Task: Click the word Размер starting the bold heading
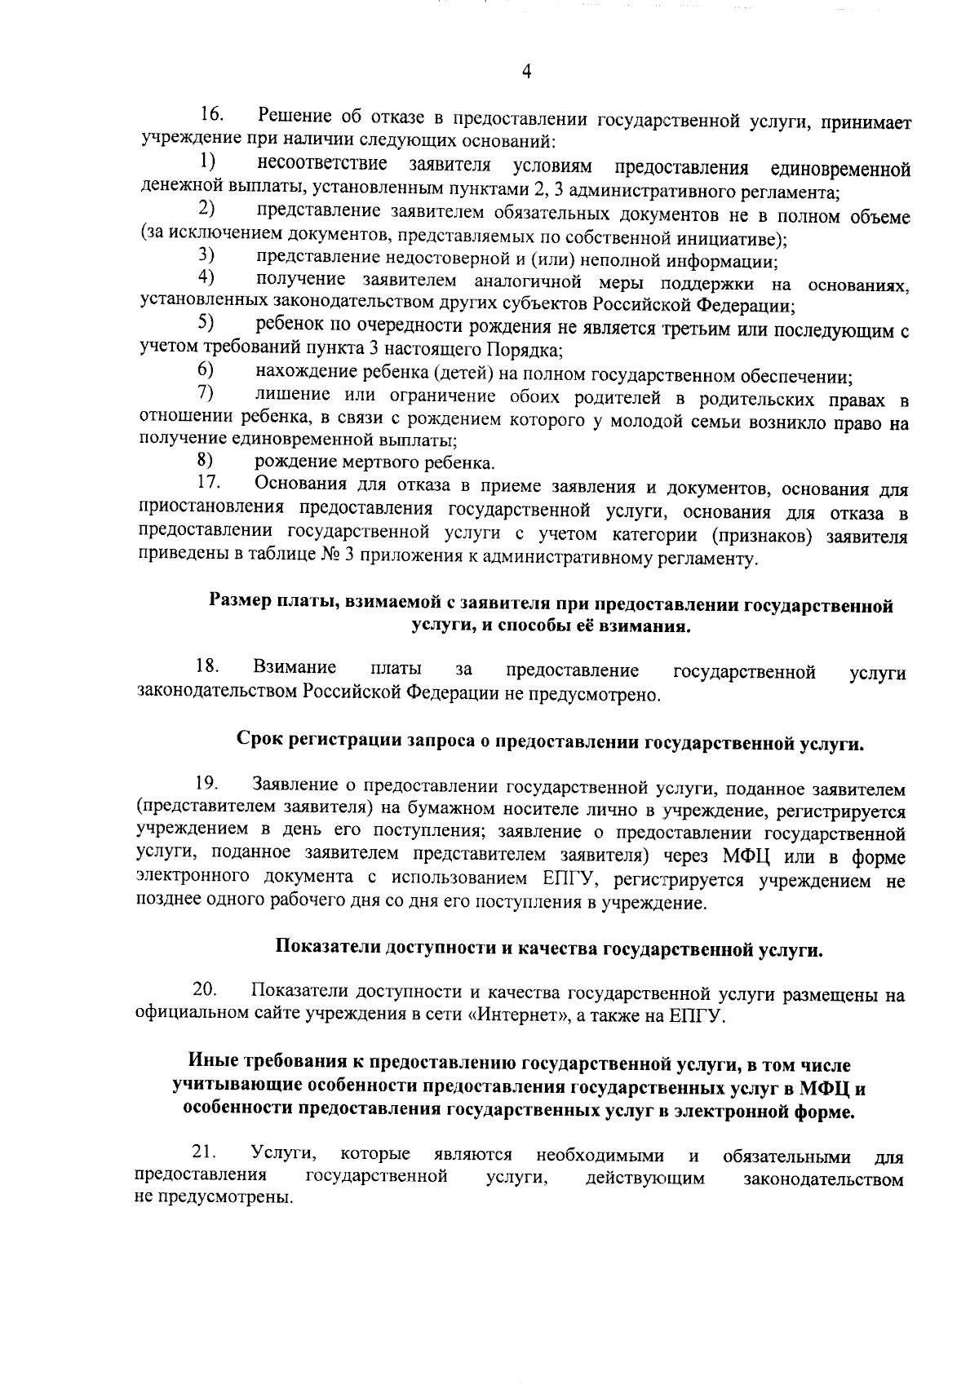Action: (x=238, y=606)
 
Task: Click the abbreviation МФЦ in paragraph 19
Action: (x=746, y=856)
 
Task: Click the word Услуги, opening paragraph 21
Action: (x=284, y=1154)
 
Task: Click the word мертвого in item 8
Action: (x=364, y=464)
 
